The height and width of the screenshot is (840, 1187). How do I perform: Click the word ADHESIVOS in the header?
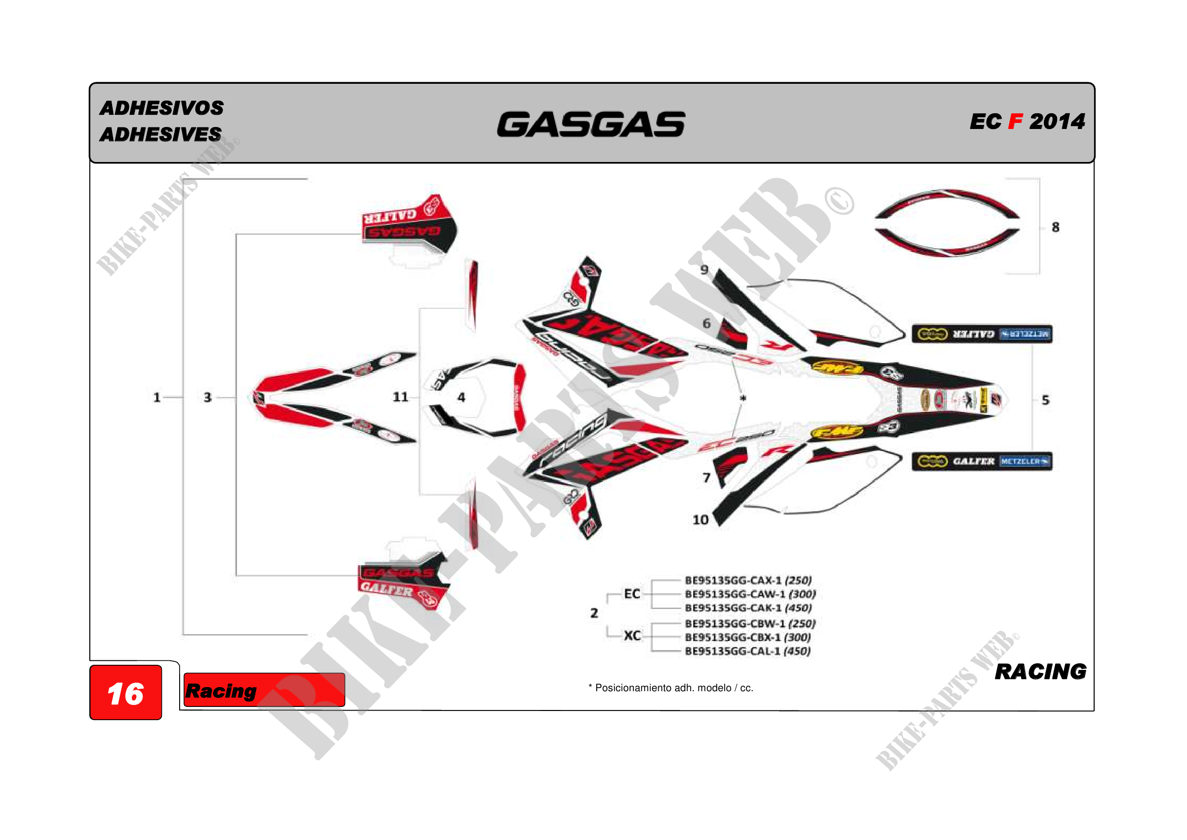[162, 108]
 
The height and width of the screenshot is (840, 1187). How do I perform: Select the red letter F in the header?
[1015, 121]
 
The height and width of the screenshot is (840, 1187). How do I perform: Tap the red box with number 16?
[126, 693]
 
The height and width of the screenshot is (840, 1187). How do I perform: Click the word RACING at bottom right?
[1040, 671]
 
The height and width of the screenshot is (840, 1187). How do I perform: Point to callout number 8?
[1055, 227]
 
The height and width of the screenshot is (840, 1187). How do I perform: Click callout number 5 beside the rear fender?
[1045, 400]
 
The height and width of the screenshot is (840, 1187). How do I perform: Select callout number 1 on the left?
[157, 397]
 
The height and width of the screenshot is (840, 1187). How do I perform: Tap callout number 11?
[400, 397]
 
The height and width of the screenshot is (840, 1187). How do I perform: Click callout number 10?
[700, 520]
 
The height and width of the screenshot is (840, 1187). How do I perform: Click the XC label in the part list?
[632, 636]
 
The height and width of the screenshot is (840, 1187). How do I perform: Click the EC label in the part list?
[632, 594]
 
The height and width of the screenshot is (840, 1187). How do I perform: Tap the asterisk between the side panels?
[743, 398]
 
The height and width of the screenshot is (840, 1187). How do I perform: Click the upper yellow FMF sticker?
[837, 368]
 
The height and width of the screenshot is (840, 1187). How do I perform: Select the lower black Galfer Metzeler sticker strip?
[982, 461]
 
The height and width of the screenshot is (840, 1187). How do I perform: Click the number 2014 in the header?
[1057, 121]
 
